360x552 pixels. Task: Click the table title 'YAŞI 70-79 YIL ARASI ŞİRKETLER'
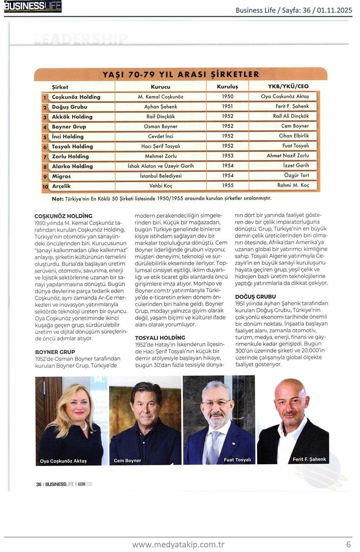click(x=181, y=74)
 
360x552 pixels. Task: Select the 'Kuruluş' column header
click(x=227, y=86)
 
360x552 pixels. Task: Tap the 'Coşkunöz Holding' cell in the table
click(x=76, y=97)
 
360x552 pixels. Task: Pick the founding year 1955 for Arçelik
click(x=227, y=185)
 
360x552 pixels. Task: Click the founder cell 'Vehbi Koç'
click(x=161, y=186)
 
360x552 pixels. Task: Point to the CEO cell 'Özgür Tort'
click(x=296, y=175)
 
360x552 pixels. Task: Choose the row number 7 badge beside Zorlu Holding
click(x=45, y=157)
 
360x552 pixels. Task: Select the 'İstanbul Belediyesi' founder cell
click(x=161, y=176)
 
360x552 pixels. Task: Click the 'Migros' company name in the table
click(x=62, y=176)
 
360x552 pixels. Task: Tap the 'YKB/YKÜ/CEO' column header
click(x=288, y=86)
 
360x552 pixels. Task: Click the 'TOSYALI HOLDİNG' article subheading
click(x=160, y=338)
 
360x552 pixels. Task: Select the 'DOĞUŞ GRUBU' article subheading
click(x=255, y=297)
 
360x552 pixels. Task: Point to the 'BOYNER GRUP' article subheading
click(x=55, y=352)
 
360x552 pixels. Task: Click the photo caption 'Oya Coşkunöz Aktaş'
click(x=63, y=461)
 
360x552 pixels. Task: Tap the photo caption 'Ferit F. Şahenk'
click(x=309, y=459)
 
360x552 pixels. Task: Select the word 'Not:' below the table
click(x=58, y=199)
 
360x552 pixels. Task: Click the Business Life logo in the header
click(x=33, y=6)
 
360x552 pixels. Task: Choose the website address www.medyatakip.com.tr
click(x=178, y=544)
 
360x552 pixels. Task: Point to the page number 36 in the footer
click(x=38, y=484)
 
